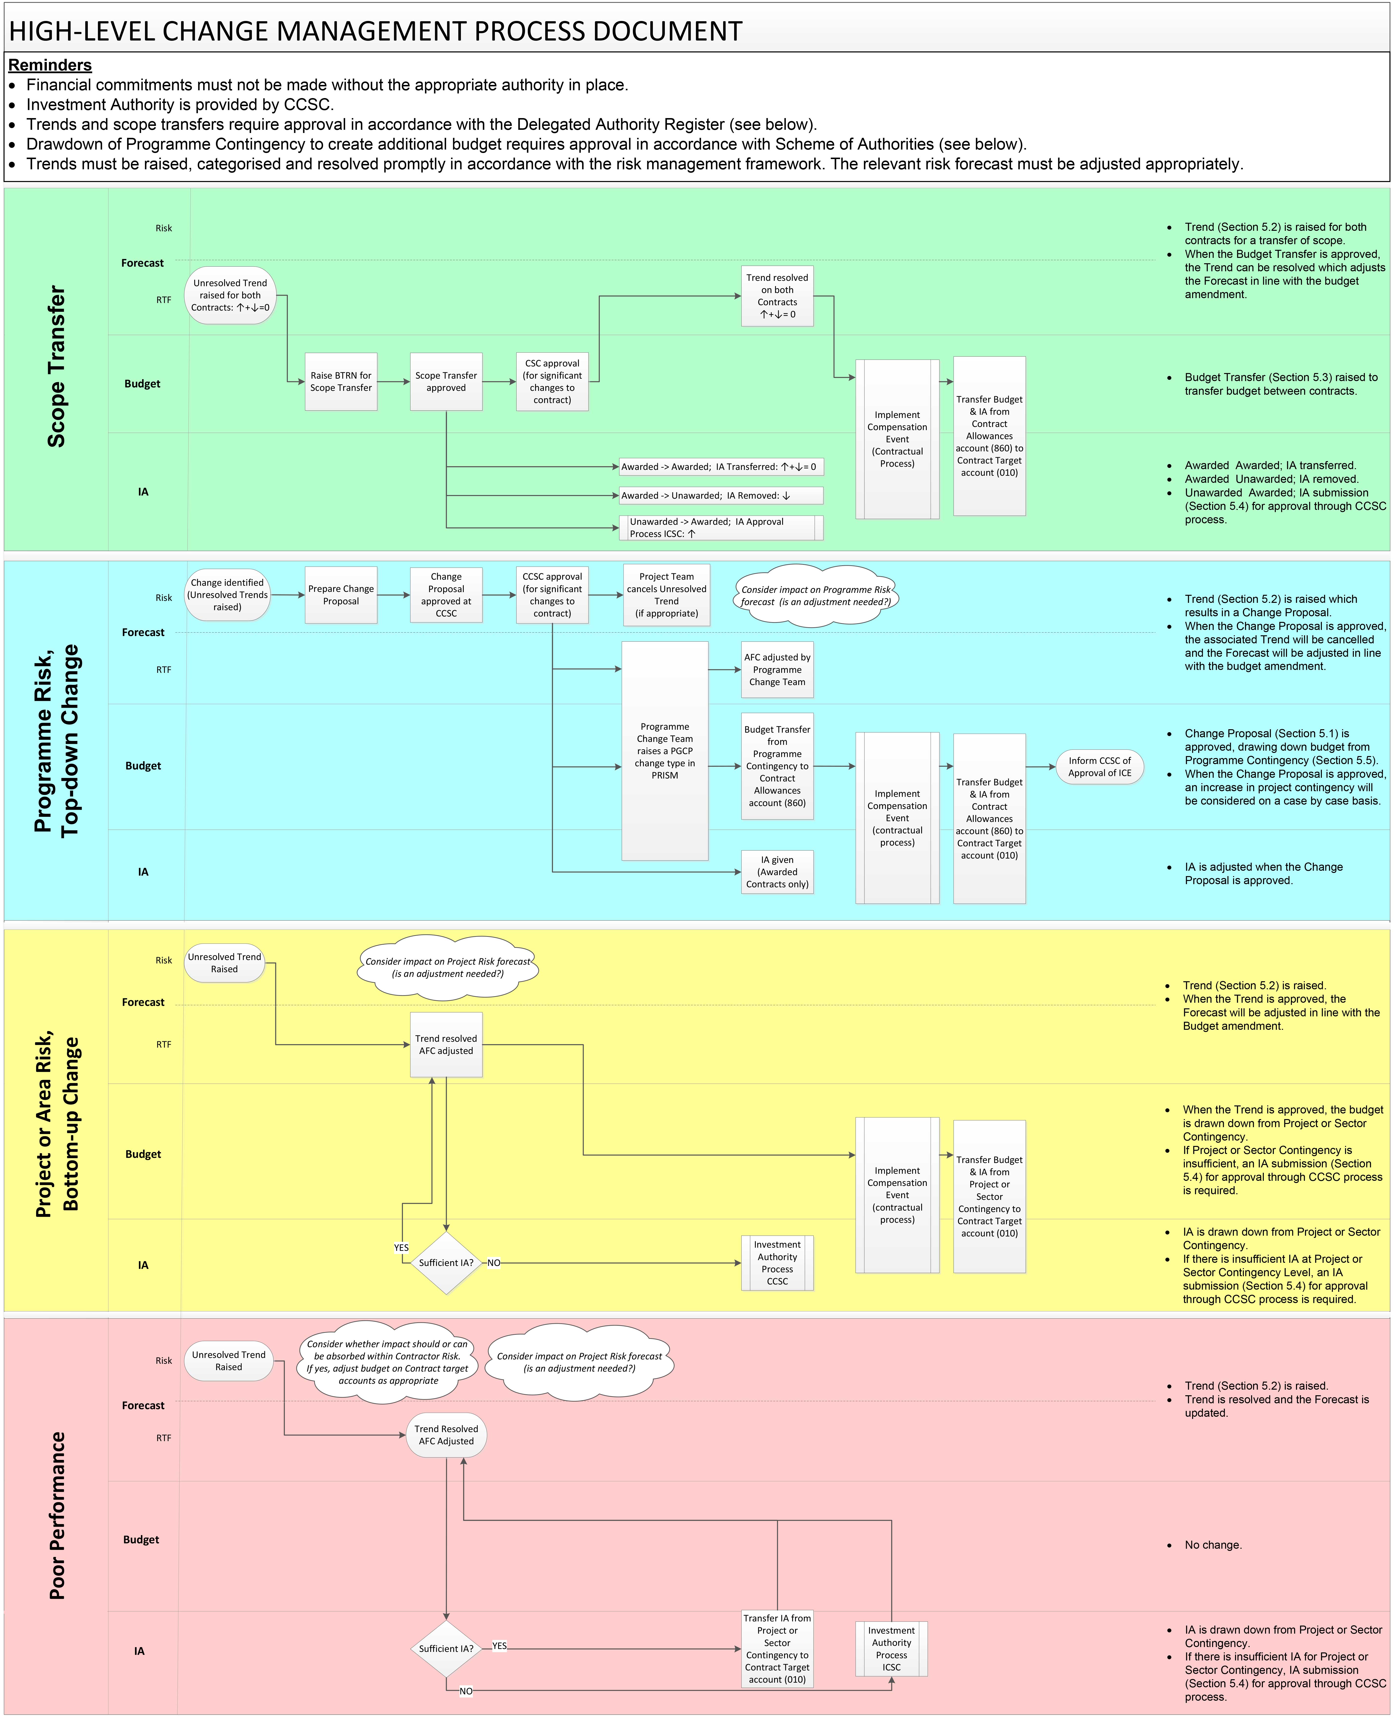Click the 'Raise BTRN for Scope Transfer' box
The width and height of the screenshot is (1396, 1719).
click(341, 382)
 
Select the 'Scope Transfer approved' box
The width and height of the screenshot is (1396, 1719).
click(446, 382)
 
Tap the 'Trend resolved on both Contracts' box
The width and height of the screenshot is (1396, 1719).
click(777, 296)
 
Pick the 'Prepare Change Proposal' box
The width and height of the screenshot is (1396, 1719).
click(341, 595)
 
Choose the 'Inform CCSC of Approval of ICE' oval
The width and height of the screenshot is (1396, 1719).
click(1099, 767)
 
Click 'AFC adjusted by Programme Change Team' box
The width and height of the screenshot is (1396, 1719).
click(777, 669)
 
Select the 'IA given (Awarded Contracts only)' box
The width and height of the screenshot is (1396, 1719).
click(777, 872)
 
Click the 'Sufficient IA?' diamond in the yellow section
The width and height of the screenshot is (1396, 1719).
click(446, 1263)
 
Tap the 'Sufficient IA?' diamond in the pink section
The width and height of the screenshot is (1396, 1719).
click(446, 1648)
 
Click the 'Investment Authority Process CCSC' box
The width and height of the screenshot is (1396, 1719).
click(777, 1263)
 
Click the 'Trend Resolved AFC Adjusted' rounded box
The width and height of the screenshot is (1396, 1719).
click(446, 1435)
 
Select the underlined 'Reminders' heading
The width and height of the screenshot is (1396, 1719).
click(50, 65)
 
